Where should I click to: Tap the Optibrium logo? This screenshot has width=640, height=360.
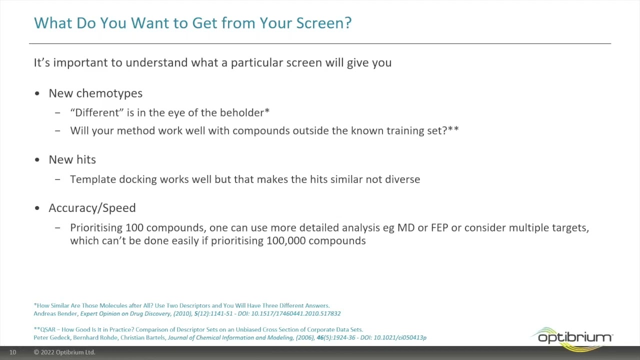(x=573, y=338)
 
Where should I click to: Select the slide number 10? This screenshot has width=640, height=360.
(x=12, y=352)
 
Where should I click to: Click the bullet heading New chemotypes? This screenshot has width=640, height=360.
(x=95, y=93)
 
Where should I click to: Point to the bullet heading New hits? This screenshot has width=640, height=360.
(x=72, y=159)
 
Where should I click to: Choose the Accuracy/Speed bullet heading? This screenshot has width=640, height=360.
(x=92, y=208)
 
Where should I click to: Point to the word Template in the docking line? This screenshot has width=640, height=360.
(x=92, y=179)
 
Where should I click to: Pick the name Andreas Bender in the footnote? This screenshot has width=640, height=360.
(x=55, y=313)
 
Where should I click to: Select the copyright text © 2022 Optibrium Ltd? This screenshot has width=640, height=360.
(x=64, y=352)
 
